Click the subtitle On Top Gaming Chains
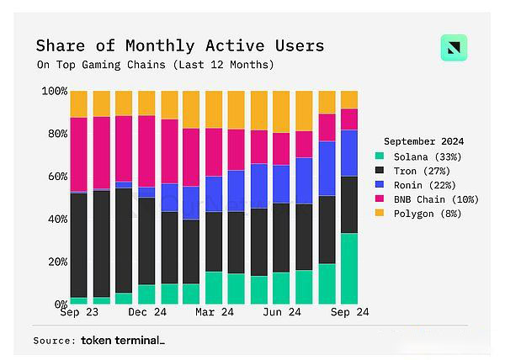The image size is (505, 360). [156, 65]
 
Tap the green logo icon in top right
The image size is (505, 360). [454, 48]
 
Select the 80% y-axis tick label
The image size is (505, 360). [56, 134]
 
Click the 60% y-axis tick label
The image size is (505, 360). [56, 177]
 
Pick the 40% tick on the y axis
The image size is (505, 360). [56, 219]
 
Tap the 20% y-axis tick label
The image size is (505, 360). [56, 262]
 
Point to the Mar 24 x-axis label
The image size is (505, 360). [214, 312]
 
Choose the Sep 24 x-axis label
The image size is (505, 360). [348, 312]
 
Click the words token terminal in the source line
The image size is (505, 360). [122, 341]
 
